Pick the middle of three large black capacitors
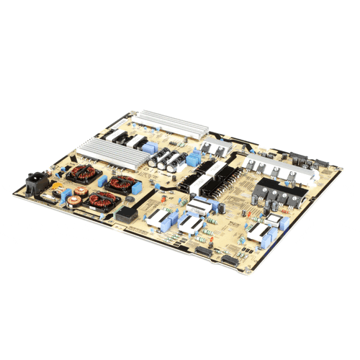[166, 160]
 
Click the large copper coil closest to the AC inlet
[78, 176]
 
